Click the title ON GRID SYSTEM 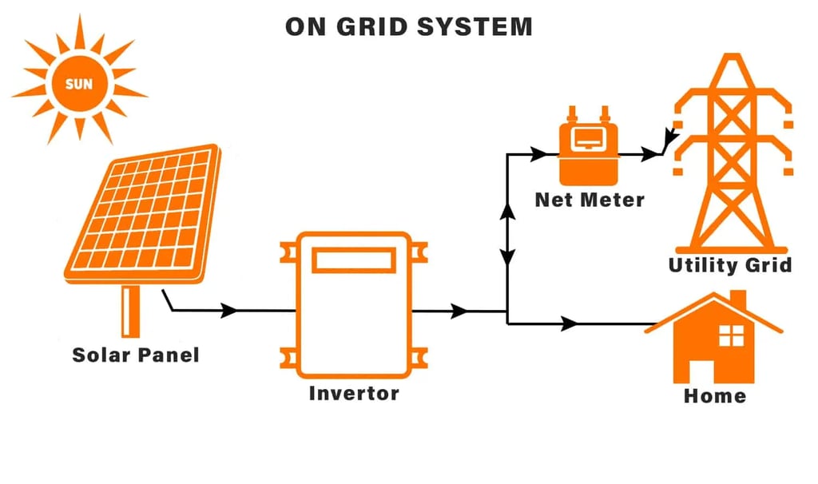coord(408,26)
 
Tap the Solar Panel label coord(135,355)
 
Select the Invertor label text coord(354,393)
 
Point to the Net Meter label coord(590,200)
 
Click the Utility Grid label coord(730,265)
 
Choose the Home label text coord(714,395)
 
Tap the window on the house coord(731,335)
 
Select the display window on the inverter coord(353,260)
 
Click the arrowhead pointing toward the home coord(570,323)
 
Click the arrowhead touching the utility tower coord(669,144)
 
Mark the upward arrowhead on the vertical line coord(507,212)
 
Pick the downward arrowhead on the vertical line coord(507,257)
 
